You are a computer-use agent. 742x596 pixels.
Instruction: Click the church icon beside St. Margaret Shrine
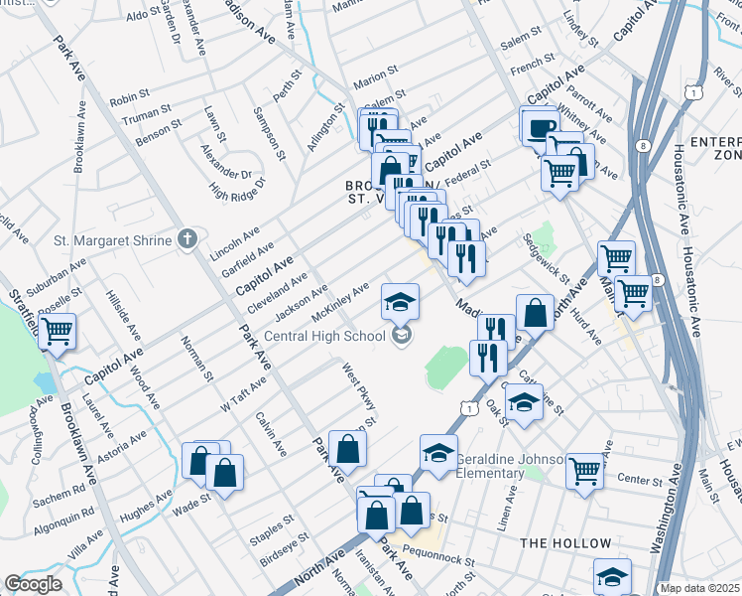tap(185, 239)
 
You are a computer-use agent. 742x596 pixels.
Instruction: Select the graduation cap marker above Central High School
tap(401, 301)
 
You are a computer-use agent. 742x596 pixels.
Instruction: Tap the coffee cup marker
tap(540, 127)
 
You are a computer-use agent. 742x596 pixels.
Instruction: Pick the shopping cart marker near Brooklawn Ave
tap(57, 330)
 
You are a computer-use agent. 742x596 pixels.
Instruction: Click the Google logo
tap(33, 583)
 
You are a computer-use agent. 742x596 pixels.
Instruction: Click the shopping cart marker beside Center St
tap(585, 470)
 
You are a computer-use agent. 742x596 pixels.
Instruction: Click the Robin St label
tap(128, 100)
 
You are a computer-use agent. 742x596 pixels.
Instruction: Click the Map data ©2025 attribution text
tap(699, 588)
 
